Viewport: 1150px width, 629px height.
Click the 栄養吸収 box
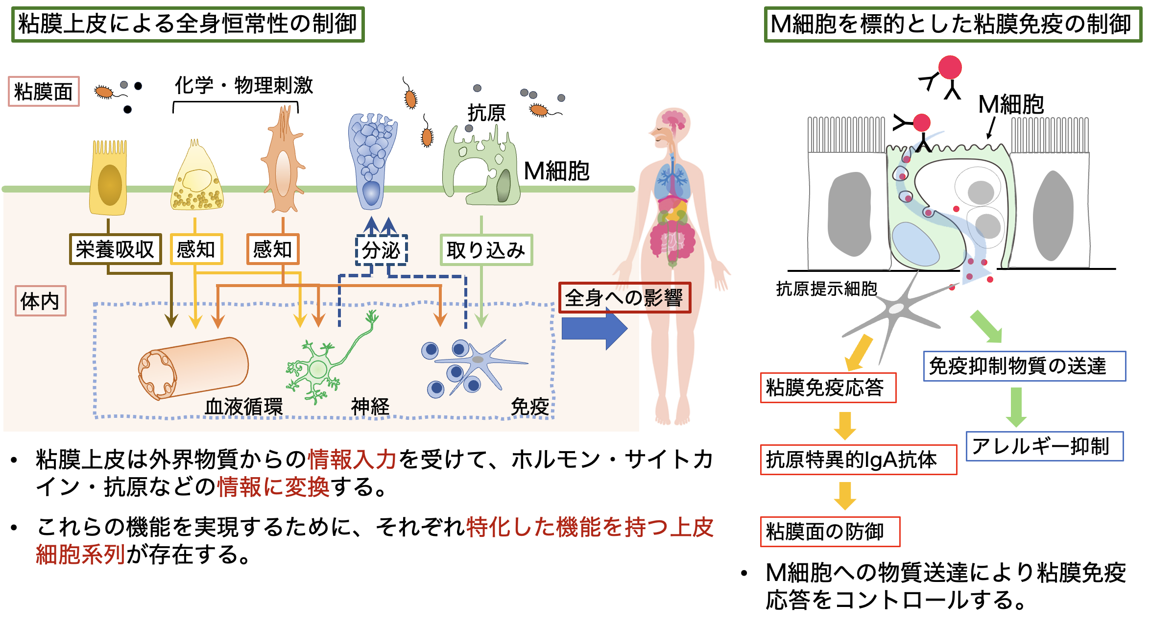click(115, 249)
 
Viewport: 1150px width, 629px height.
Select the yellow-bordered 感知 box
click(196, 249)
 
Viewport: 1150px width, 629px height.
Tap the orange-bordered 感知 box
click(273, 249)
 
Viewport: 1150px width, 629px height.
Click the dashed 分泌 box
click(382, 250)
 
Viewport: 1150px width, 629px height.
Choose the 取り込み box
click(486, 250)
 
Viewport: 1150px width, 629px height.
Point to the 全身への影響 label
click(624, 297)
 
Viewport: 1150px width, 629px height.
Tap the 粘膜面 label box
click(44, 92)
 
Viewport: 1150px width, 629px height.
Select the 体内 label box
click(40, 301)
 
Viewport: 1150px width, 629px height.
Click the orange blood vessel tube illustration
click(193, 368)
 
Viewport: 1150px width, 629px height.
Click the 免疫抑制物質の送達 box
click(1024, 366)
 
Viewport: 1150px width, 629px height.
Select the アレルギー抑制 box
click(1044, 446)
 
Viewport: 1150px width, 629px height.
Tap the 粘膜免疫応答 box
click(828, 387)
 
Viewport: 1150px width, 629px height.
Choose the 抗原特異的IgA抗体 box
click(858, 460)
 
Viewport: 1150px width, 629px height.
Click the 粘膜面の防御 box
click(830, 532)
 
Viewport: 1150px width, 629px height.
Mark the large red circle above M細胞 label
click(950, 68)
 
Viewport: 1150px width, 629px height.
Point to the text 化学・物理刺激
click(243, 85)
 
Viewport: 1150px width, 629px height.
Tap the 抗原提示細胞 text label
click(826, 289)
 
